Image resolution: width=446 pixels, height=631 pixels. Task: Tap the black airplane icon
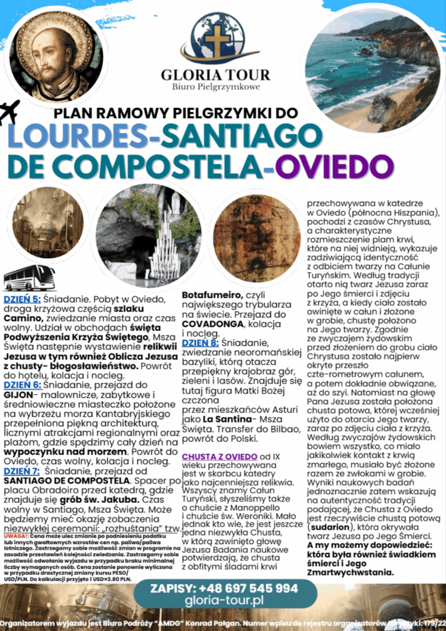pyautogui.click(x=9, y=112)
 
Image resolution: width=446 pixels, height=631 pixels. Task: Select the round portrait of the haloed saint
pyautogui.click(x=56, y=56)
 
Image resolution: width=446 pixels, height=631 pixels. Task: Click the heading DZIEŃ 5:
pyautogui.click(x=23, y=299)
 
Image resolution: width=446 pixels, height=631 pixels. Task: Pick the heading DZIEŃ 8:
pyautogui.click(x=200, y=343)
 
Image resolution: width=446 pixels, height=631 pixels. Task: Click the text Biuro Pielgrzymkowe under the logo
pyautogui.click(x=216, y=87)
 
